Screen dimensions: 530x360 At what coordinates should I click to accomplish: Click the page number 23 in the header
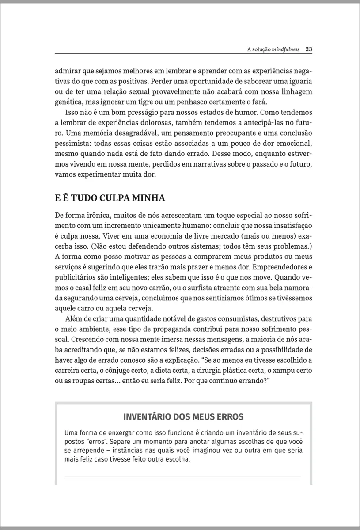pos(309,49)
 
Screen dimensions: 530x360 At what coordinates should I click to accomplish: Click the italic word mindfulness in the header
pos(286,49)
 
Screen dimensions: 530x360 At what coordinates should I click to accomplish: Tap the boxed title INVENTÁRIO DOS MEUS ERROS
pos(183,417)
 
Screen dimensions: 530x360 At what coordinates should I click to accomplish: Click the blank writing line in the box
pos(182,477)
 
